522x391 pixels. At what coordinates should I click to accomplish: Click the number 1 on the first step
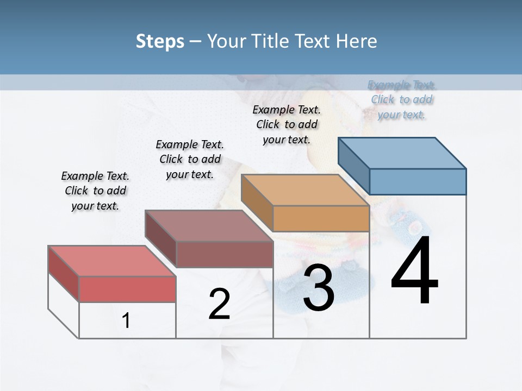click(x=126, y=320)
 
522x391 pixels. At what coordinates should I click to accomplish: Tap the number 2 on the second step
click(x=219, y=304)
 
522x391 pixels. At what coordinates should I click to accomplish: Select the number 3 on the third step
click(x=319, y=288)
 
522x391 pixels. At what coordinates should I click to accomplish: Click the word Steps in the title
click(x=160, y=41)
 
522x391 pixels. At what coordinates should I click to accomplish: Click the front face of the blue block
click(x=418, y=181)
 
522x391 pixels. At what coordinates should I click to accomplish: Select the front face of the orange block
click(x=321, y=218)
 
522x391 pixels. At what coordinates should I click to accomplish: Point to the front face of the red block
click(x=127, y=289)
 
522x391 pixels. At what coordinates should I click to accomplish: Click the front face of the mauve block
click(x=224, y=254)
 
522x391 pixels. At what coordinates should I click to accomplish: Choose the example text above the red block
click(x=95, y=191)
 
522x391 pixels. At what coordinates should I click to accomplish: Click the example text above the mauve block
click(x=190, y=159)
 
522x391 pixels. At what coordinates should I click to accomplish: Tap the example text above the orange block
click(x=287, y=124)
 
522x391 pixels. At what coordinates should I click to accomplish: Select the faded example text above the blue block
click(x=402, y=99)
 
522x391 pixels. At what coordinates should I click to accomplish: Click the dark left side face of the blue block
click(x=354, y=166)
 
